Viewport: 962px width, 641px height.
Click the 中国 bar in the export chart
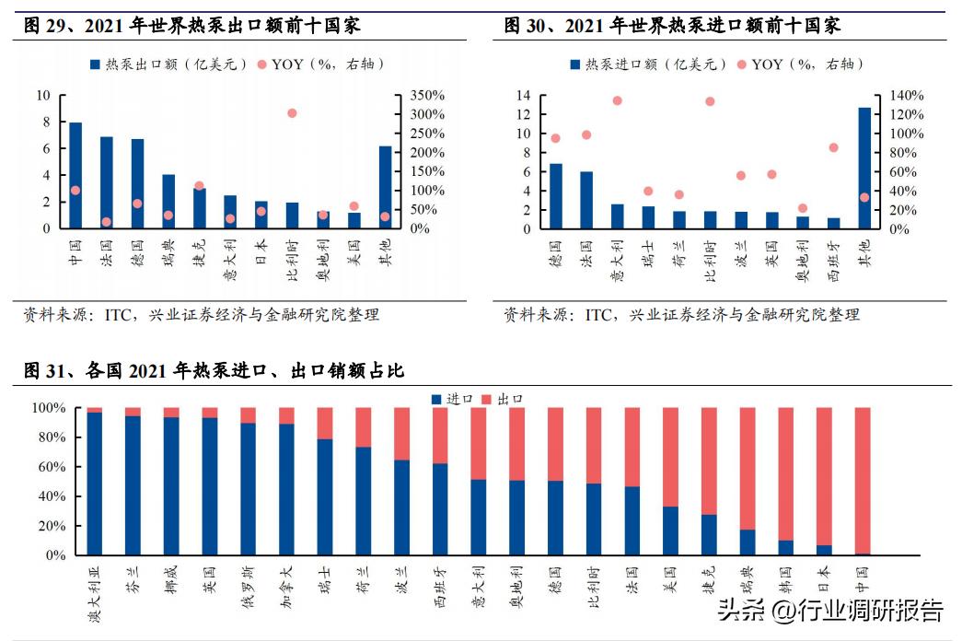(75, 175)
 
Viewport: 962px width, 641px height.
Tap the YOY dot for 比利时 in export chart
(292, 113)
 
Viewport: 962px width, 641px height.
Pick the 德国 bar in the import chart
(555, 196)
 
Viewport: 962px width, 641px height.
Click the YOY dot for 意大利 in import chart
(617, 101)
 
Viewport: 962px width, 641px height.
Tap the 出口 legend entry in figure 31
(503, 399)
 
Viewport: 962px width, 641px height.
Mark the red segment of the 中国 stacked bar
(863, 479)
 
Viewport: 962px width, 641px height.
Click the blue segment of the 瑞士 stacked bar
(325, 497)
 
